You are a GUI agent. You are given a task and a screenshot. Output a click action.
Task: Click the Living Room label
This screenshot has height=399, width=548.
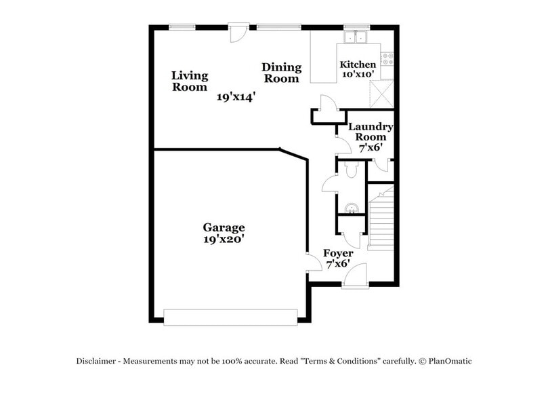tap(189, 81)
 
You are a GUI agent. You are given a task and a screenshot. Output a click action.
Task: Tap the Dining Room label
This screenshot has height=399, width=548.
tap(281, 73)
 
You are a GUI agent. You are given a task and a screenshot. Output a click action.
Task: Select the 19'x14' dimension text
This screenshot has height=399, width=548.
tap(236, 97)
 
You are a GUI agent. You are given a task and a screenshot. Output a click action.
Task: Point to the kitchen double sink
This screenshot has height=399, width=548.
tap(355, 37)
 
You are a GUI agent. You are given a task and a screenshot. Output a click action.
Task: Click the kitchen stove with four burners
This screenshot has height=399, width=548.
tap(389, 59)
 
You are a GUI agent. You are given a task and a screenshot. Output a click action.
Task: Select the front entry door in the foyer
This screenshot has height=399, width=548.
tap(355, 276)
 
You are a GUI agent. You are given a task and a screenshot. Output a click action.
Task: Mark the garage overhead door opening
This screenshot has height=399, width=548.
tap(230, 316)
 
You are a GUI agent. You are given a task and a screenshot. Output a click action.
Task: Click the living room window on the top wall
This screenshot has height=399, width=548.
tap(182, 27)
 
